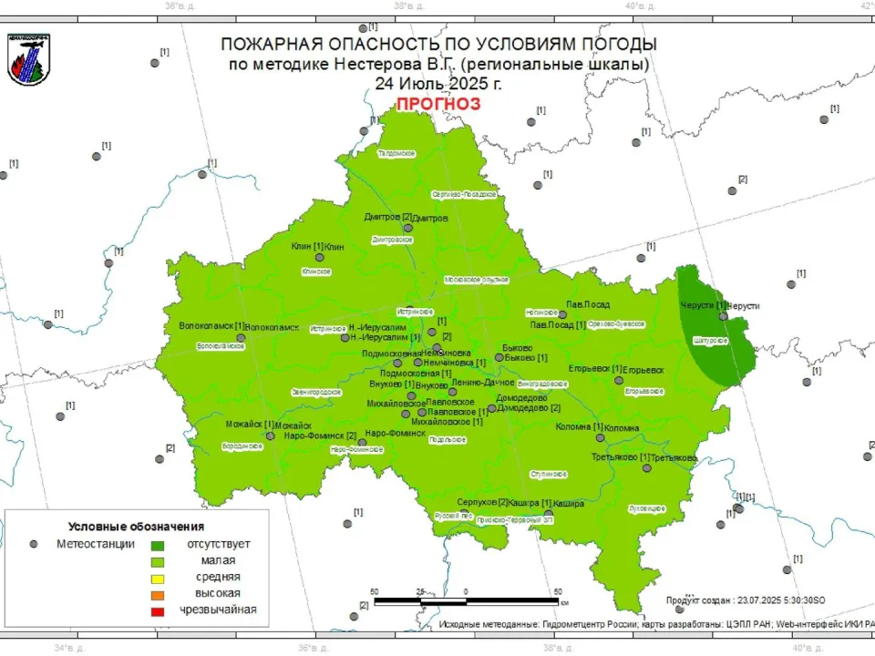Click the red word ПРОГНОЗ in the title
[x=437, y=104]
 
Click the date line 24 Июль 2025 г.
[x=437, y=83]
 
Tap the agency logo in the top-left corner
[x=29, y=59]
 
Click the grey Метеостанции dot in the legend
[x=34, y=544]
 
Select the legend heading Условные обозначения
[x=136, y=527]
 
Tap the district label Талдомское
[x=396, y=154]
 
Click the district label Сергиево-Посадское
[x=463, y=194]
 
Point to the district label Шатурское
[x=711, y=340]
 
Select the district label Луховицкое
[x=647, y=507]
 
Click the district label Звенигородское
[x=315, y=392]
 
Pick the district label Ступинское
[x=549, y=475]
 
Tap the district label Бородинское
[x=242, y=446]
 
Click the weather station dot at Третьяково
[x=647, y=468]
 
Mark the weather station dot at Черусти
[x=723, y=317]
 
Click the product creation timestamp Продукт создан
[x=745, y=600]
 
